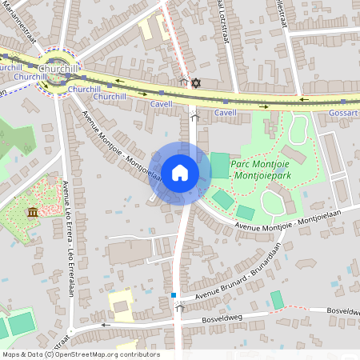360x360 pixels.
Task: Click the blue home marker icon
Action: pos(180,173)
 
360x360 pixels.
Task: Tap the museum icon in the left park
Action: pos(32,211)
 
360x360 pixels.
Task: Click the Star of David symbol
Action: pos(195,82)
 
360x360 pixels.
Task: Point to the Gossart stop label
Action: pos(343,114)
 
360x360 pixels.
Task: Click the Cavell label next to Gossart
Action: pos(225,114)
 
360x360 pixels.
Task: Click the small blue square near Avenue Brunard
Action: pos(173,295)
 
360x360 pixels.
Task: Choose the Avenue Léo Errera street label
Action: pos(67,256)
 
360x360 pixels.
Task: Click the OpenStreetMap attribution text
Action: pos(81,354)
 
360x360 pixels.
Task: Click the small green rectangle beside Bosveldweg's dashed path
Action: pos(277,300)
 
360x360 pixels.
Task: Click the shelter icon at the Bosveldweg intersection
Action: pos(180,307)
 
